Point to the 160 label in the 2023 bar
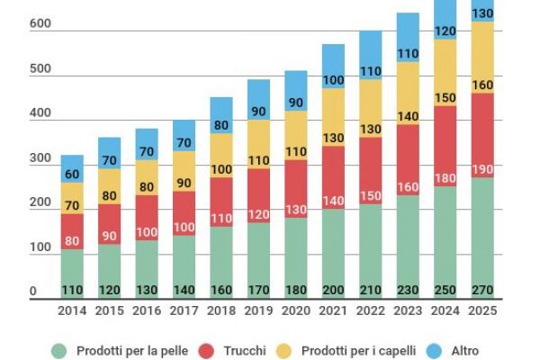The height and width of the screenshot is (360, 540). tap(408, 188)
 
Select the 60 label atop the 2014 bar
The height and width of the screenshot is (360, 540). tap(72, 175)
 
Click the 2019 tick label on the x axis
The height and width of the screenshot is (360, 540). tap(258, 310)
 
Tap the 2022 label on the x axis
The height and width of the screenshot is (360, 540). tap(371, 310)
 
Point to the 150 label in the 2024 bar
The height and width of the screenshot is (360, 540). tap(445, 98)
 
